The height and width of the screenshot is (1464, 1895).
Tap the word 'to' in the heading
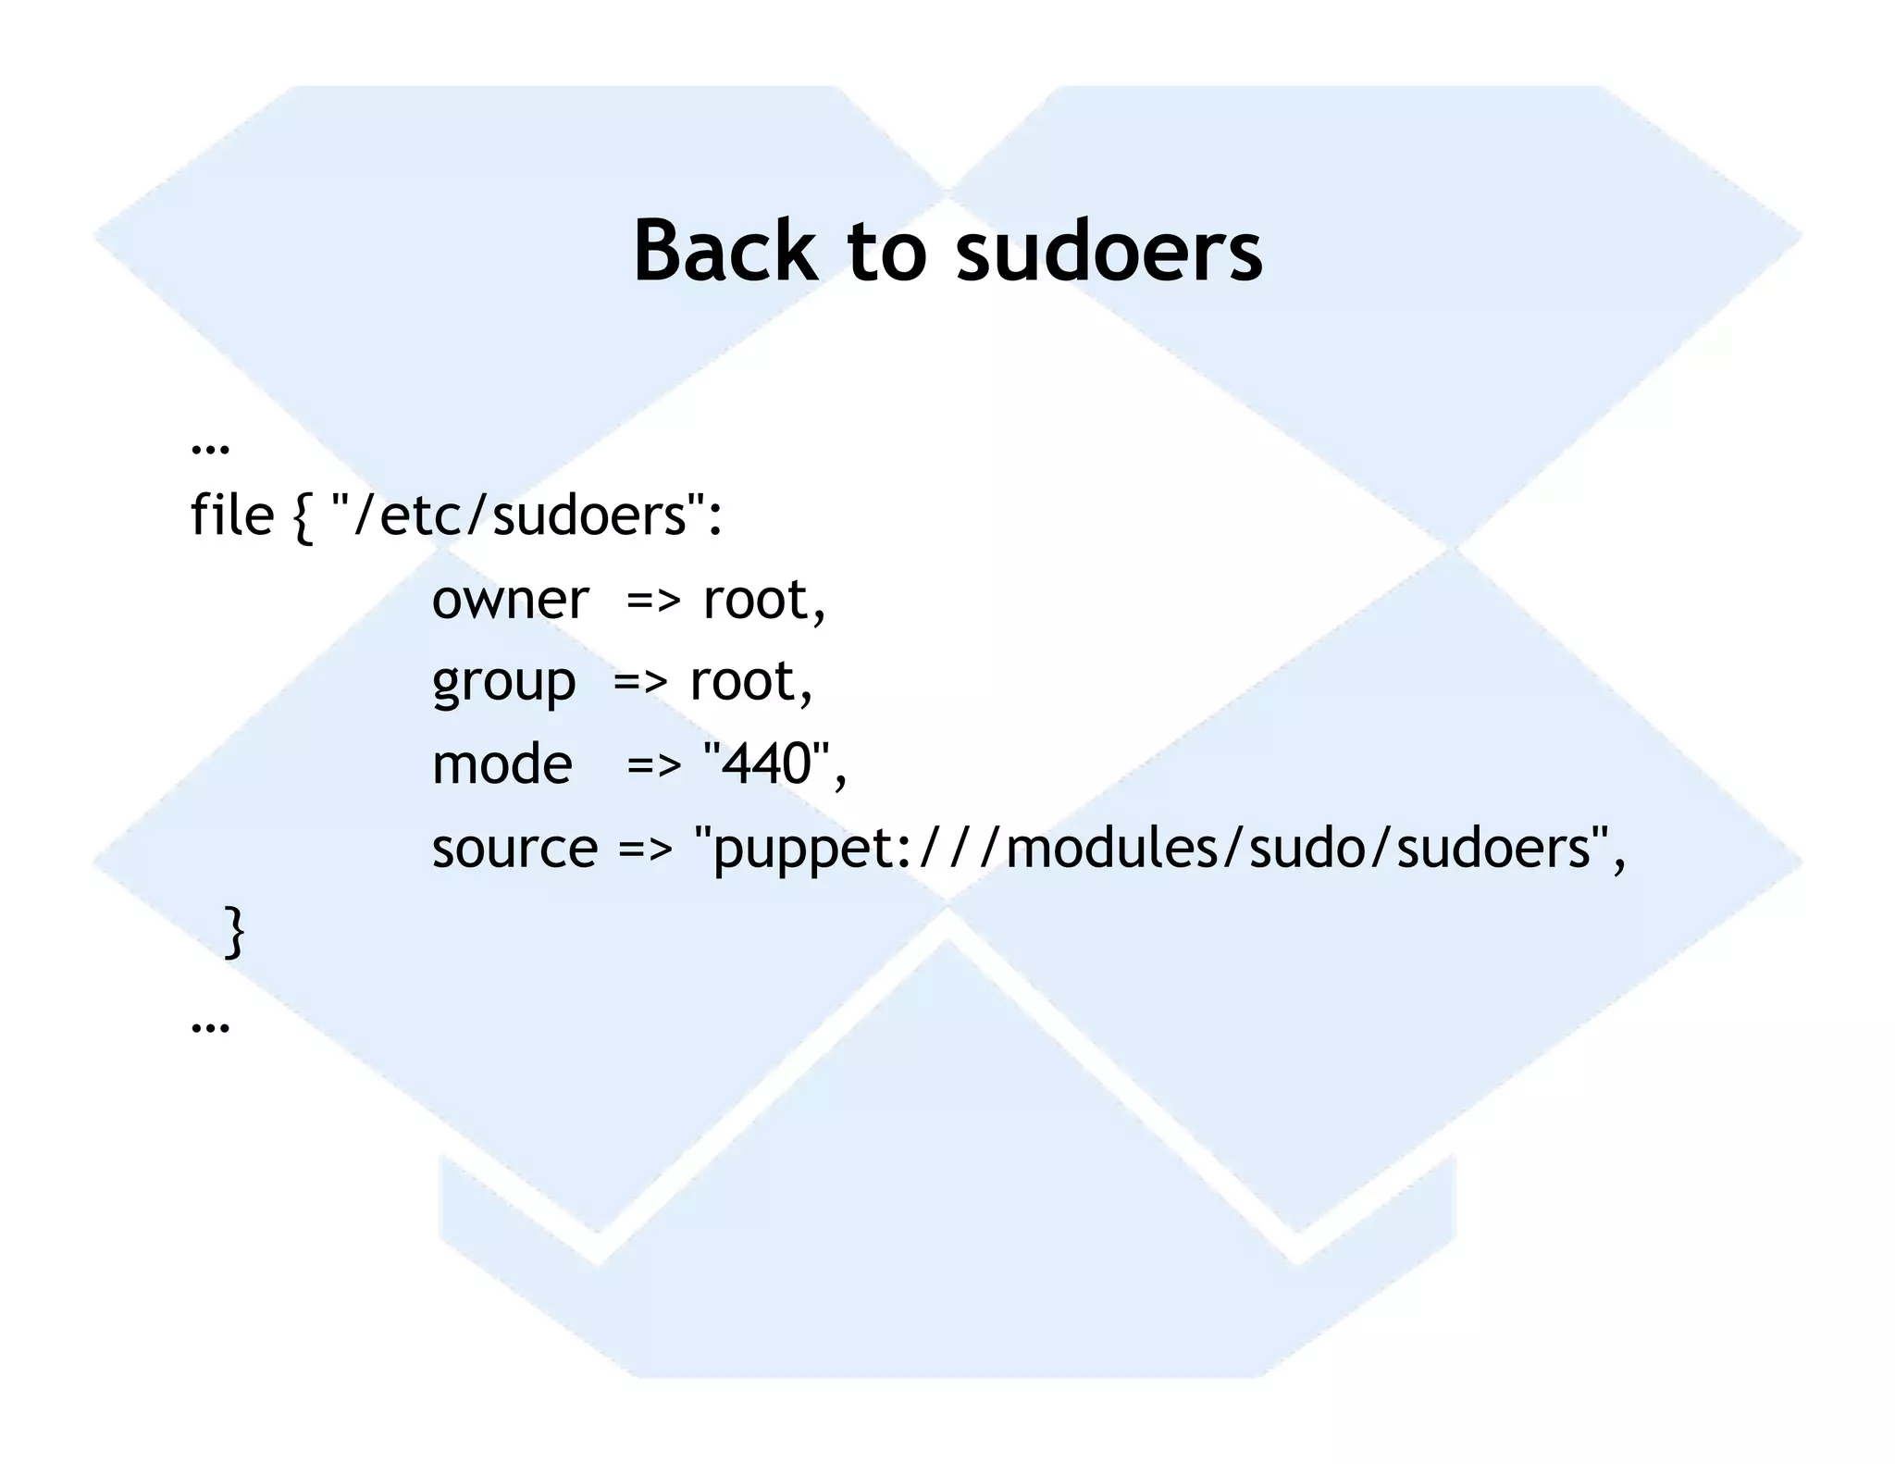coord(886,252)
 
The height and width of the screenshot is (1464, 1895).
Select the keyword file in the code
coord(231,515)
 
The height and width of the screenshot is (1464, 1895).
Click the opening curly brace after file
coord(303,516)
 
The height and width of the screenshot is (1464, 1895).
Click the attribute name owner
coord(510,600)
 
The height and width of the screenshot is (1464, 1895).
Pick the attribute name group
coord(503,683)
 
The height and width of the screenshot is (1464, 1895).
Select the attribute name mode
coord(502,764)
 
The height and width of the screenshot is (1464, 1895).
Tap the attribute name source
coord(514,848)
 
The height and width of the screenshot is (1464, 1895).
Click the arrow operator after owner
coord(653,602)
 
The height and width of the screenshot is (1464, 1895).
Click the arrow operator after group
coord(640,683)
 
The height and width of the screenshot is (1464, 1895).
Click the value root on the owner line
coord(757,600)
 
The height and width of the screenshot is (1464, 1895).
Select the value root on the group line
coord(744,682)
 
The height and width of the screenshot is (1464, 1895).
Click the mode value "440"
coord(767,764)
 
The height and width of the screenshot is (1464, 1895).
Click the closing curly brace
coord(235,931)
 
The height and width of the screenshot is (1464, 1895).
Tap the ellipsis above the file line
coord(210,447)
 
